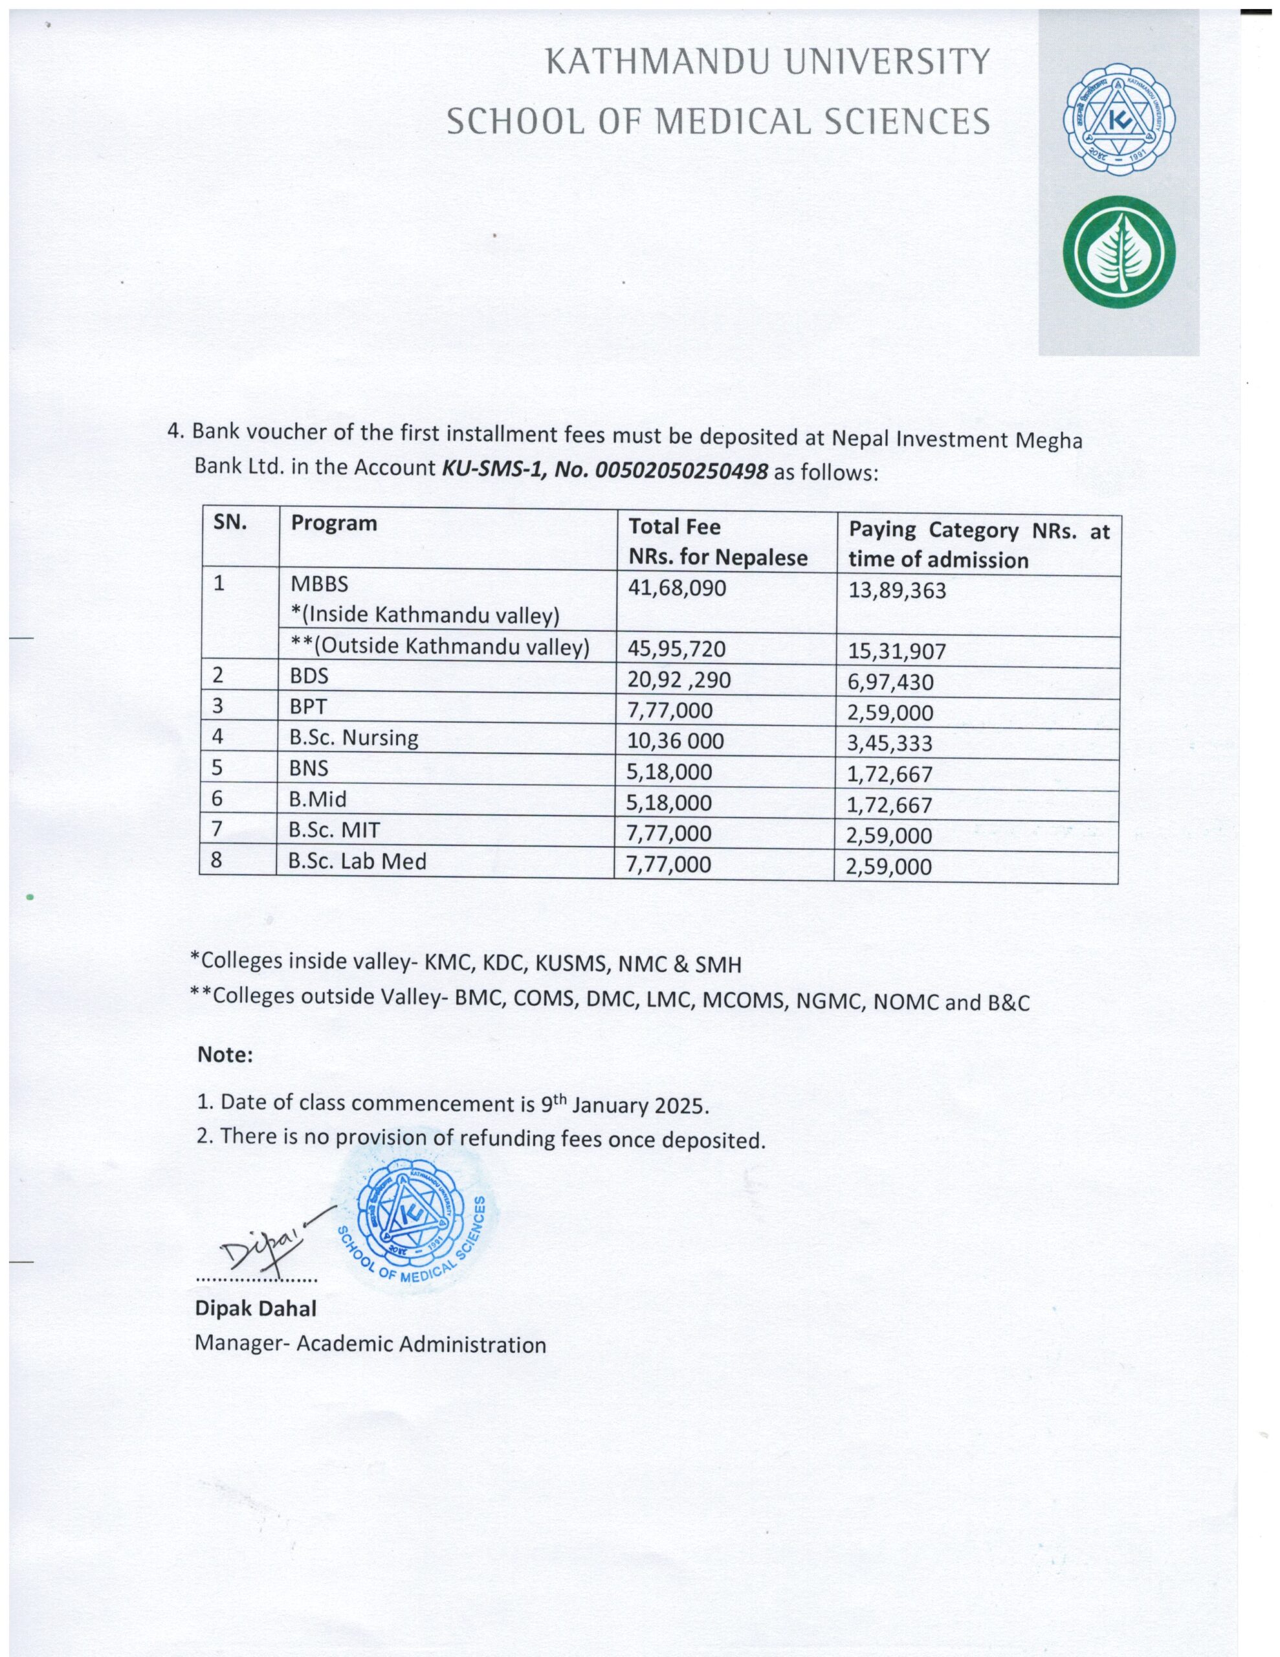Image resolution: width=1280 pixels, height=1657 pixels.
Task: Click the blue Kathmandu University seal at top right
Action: click(x=1118, y=119)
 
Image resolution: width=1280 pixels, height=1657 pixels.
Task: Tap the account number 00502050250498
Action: click(x=681, y=471)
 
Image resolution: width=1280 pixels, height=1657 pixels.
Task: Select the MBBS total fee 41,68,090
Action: click(x=677, y=587)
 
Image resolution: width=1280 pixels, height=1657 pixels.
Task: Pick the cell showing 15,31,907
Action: click(x=897, y=651)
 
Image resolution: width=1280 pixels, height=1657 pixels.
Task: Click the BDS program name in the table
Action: click(x=309, y=675)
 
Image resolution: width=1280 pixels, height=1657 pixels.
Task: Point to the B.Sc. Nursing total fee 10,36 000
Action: click(x=676, y=740)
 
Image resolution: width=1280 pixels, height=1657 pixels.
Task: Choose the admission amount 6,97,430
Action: click(x=890, y=682)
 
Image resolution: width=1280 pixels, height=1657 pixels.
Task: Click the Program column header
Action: click(x=334, y=523)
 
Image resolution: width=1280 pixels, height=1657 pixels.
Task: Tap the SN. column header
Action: click(x=230, y=521)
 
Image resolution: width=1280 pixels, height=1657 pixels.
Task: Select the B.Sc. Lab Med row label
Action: click(x=357, y=860)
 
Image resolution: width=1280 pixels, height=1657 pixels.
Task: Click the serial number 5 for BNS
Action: click(x=217, y=767)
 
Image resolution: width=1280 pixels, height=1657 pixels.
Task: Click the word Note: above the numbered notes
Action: click(x=225, y=1054)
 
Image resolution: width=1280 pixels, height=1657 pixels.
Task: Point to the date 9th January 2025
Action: click(x=624, y=1104)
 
